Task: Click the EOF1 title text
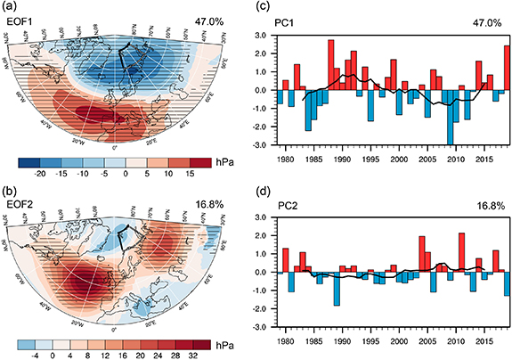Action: coord(29,20)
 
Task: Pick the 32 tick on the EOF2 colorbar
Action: coord(207,354)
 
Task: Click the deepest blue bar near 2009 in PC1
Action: coord(451,117)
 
